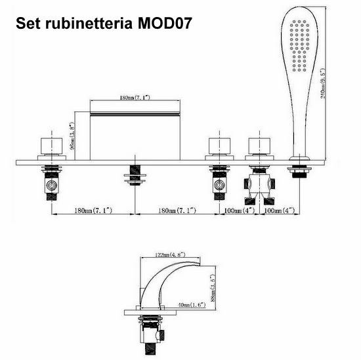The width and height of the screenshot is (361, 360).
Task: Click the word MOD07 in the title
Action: coord(165,23)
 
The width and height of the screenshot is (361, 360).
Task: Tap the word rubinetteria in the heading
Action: coord(89,23)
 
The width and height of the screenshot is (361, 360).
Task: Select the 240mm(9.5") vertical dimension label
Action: coord(323,83)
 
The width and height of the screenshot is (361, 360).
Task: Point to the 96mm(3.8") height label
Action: coord(72,136)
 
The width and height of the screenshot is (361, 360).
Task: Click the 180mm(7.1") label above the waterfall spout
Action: coord(135,98)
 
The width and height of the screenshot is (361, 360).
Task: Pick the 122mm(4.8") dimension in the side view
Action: coord(171,254)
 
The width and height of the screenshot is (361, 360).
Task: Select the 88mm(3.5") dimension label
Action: coord(213,287)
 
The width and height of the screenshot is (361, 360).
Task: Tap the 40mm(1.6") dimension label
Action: coord(192,305)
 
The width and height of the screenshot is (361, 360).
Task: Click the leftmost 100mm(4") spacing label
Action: coord(240,210)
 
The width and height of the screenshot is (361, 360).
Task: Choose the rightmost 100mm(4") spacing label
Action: coord(279,210)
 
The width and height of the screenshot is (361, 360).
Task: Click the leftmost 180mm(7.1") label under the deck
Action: coord(93,210)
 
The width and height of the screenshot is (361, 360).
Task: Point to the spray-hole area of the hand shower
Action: coord(299,45)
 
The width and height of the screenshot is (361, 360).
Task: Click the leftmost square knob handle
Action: coord(52,146)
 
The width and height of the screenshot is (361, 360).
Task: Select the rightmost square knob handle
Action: coord(259,146)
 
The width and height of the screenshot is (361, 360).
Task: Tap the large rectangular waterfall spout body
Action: coord(135,136)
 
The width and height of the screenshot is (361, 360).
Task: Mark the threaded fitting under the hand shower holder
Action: coord(299,172)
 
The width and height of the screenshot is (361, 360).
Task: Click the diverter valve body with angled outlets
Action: coord(259,186)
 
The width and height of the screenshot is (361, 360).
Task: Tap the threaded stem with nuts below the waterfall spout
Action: coord(135,176)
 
